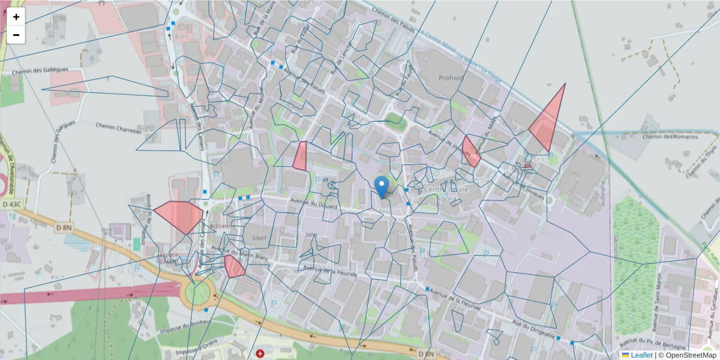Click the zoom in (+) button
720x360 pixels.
[16, 17]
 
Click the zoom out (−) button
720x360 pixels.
[16, 35]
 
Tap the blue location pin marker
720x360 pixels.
[381, 187]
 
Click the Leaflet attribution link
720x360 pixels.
[637, 355]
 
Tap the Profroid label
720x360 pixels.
[451, 78]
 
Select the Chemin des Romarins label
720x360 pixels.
[670, 137]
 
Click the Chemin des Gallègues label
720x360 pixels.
[40, 71]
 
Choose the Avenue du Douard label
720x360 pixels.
[314, 204]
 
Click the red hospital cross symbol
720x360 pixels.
[260, 354]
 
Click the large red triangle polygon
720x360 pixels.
[548, 123]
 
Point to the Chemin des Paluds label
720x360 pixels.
[396, 20]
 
